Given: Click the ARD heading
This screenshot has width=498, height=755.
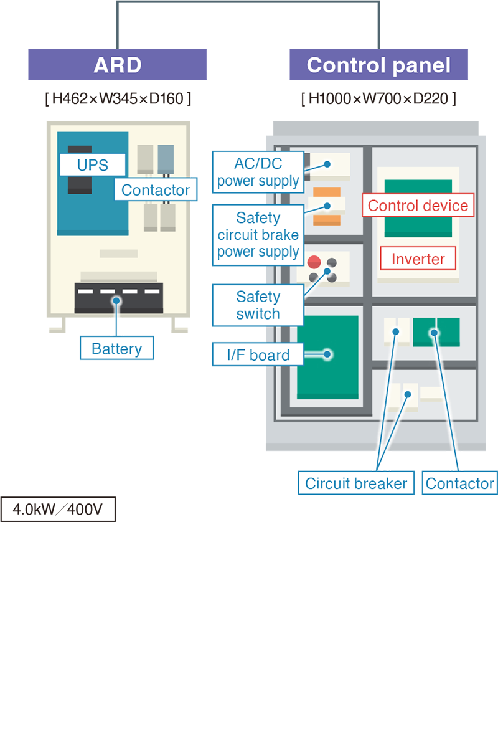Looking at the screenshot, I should pyautogui.click(x=117, y=65).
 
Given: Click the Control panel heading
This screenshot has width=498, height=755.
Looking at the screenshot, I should pyautogui.click(x=378, y=65).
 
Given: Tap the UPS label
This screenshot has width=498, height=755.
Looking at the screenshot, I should pyautogui.click(x=92, y=165).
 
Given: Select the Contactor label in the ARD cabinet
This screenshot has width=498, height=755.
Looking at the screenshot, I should pyautogui.click(x=156, y=190).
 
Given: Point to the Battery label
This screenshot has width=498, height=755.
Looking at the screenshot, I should pyautogui.click(x=116, y=348).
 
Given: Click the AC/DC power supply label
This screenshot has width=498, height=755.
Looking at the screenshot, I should pyautogui.click(x=258, y=173).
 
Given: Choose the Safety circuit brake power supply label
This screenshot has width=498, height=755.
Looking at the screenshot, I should pyautogui.click(x=258, y=235).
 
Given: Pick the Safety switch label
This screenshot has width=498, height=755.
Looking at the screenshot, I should pyautogui.click(x=258, y=305).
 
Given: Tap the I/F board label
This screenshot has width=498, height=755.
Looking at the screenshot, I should pyautogui.click(x=258, y=355).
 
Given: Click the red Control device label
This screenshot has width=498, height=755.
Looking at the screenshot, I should pyautogui.click(x=418, y=206).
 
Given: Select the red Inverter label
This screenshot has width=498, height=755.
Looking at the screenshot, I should pyautogui.click(x=418, y=259).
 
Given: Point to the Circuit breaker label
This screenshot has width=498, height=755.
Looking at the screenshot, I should pyautogui.click(x=356, y=483).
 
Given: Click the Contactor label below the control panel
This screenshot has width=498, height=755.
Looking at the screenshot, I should pyautogui.click(x=459, y=483).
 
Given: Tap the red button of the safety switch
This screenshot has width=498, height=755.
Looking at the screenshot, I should pyautogui.click(x=314, y=262).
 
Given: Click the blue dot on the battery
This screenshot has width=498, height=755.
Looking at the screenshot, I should pyautogui.click(x=116, y=300).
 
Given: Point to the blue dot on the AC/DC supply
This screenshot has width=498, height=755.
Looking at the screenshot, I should pyautogui.click(x=326, y=165).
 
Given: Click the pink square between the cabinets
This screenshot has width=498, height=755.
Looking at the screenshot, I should pyautogui.click(x=200, y=356).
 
